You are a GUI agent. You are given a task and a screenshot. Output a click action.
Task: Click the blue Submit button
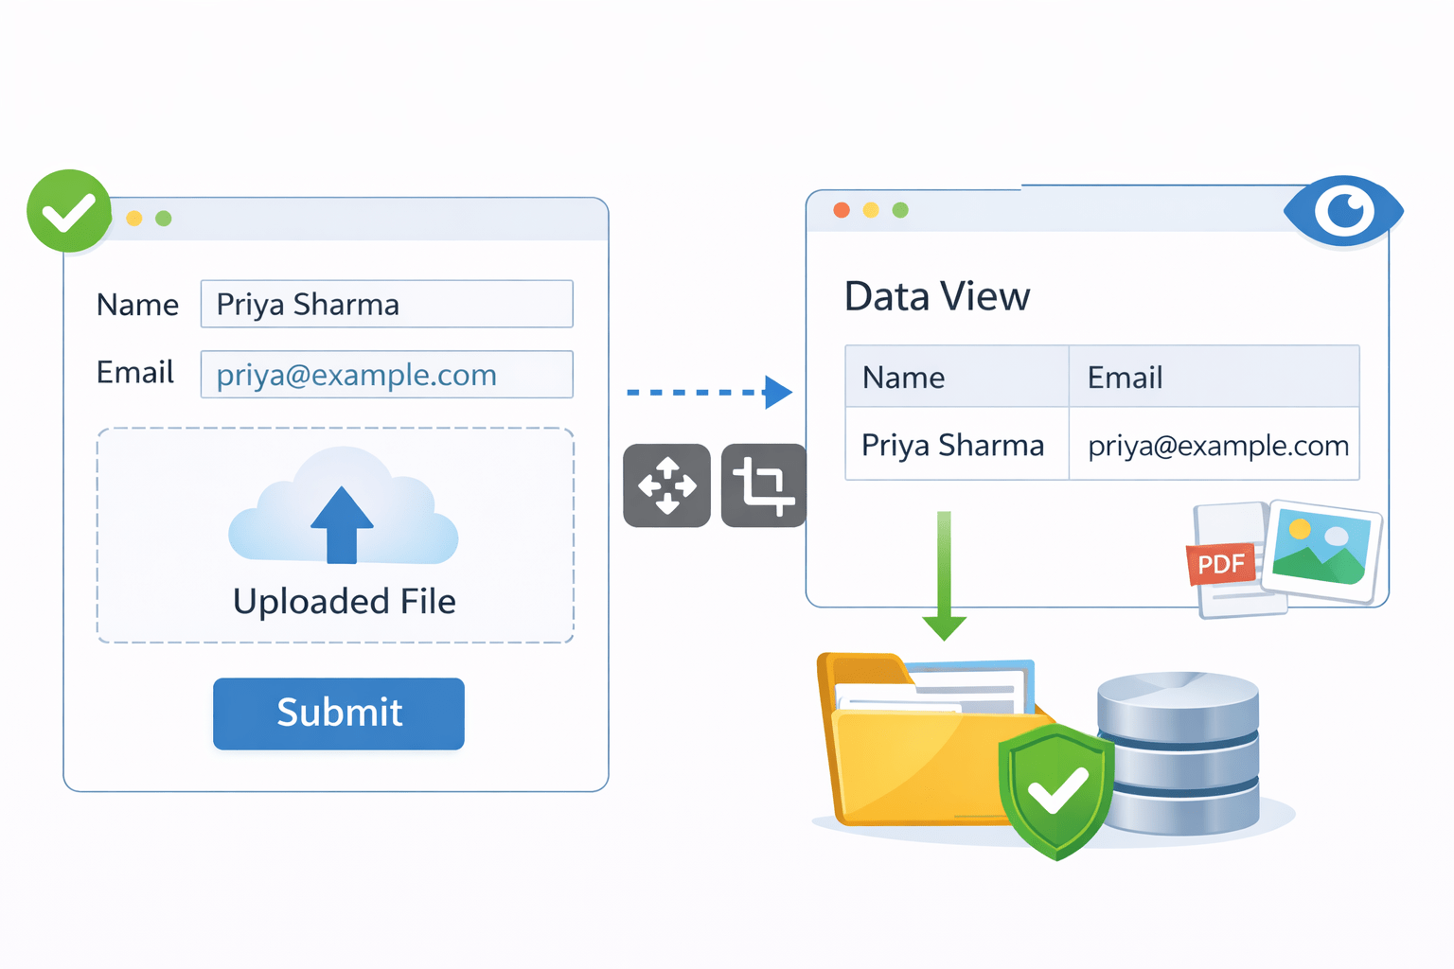pos(339,714)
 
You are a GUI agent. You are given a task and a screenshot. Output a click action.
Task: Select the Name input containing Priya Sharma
pos(386,304)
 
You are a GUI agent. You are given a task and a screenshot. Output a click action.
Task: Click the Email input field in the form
pos(386,375)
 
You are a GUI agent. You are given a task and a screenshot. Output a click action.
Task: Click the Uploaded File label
pos(344,602)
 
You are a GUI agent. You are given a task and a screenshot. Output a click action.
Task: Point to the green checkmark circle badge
pos(69,211)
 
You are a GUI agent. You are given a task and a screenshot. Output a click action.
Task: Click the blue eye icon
pos(1343,210)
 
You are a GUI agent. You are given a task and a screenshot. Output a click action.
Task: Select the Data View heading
pos(936,296)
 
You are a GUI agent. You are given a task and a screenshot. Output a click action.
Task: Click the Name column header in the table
pos(956,378)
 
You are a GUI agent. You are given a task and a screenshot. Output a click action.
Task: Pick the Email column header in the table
pos(1214,378)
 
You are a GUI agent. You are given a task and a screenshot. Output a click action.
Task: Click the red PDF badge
pos(1220,564)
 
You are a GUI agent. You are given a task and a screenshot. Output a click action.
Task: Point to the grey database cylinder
pos(1179,752)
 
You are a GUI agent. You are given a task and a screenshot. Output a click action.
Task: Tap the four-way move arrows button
pos(666,485)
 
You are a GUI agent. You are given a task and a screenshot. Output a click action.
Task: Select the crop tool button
pos(763,485)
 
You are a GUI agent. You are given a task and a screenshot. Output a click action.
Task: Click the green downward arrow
pos(944,577)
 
